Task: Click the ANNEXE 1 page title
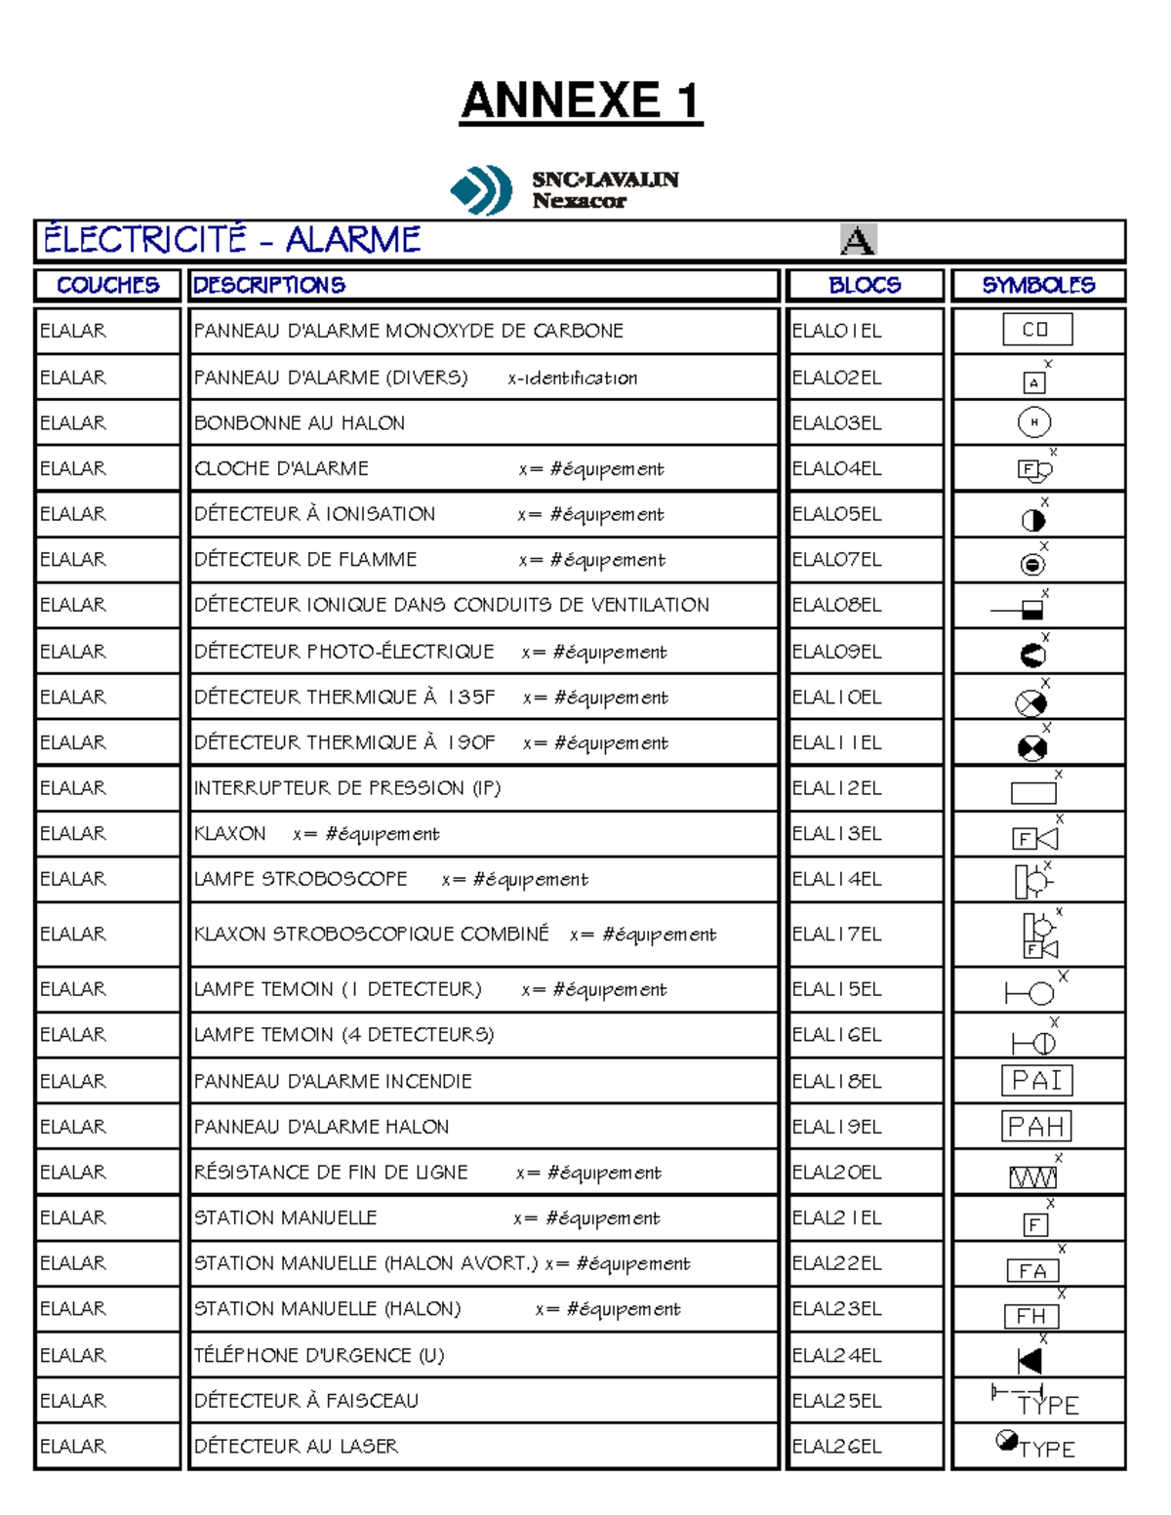coord(581,101)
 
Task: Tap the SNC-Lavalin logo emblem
coord(481,189)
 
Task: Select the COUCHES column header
coord(107,285)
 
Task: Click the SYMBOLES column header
coord(1038,285)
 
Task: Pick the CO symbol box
coord(1036,330)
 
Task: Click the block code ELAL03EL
coord(836,423)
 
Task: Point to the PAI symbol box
coord(1036,1081)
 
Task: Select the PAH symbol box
coord(1036,1127)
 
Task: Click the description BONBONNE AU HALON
coord(299,423)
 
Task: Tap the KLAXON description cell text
coord(230,834)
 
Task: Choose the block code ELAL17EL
coord(836,935)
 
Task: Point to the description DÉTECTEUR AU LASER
coord(296,1447)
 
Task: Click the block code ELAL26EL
coord(836,1447)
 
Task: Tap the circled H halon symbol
coord(1034,422)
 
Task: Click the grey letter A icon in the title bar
coord(858,240)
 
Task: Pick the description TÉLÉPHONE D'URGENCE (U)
coord(318,1356)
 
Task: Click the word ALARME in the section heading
coord(352,240)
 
